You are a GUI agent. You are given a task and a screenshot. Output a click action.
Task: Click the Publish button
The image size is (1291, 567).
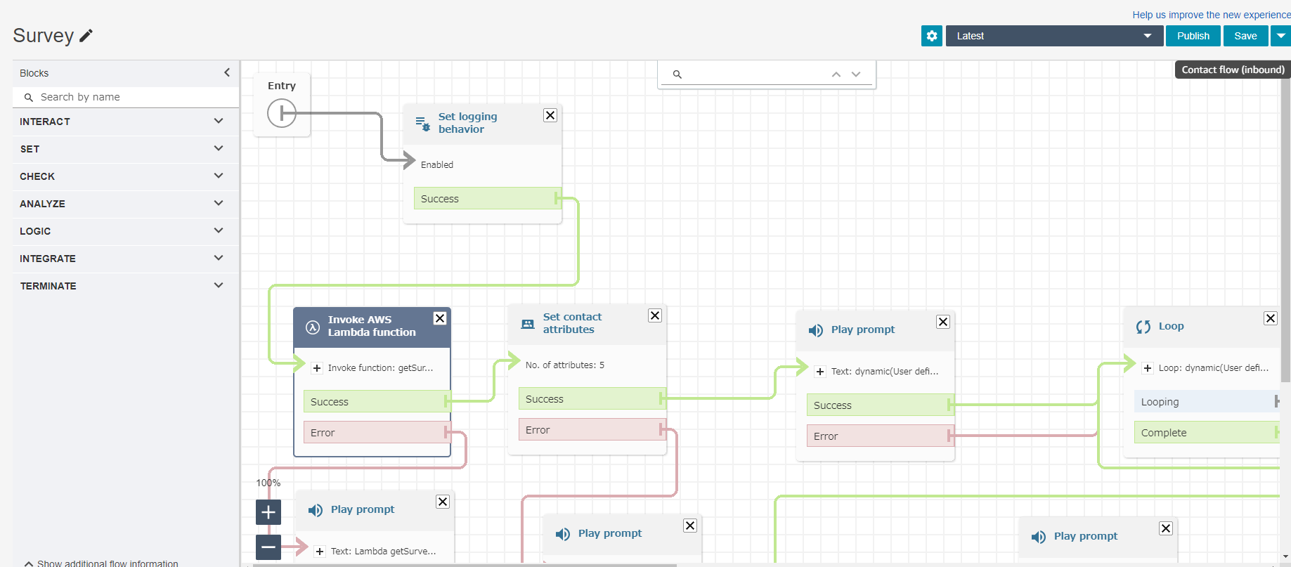(x=1193, y=36)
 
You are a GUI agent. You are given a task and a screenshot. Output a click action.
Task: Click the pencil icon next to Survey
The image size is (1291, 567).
(x=86, y=36)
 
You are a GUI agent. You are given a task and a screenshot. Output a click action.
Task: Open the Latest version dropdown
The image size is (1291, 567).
(x=1054, y=36)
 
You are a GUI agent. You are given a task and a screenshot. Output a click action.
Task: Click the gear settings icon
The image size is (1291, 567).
(x=932, y=36)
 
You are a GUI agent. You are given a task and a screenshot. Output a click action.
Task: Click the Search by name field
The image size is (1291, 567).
(x=126, y=97)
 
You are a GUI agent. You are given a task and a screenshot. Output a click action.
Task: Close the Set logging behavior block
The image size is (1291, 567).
(x=550, y=115)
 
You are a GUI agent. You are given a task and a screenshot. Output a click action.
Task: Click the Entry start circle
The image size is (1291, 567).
(x=282, y=112)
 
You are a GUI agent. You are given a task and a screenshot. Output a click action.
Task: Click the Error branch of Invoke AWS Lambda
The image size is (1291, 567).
(x=377, y=432)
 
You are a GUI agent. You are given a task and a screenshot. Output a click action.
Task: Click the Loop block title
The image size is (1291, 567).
(x=1171, y=326)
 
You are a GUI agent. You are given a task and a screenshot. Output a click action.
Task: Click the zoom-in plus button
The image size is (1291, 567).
(x=268, y=512)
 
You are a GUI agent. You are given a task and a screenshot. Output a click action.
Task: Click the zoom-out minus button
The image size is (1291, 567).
(x=268, y=547)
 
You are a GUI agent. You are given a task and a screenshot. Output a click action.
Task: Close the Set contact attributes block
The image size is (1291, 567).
(x=655, y=315)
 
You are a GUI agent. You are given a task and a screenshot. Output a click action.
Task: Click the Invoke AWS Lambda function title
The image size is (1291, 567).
(x=372, y=326)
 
